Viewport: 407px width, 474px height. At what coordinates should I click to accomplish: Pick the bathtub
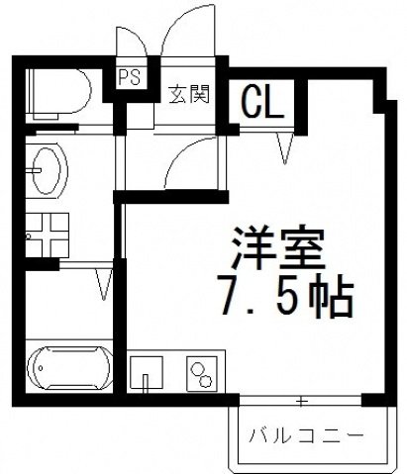pyautogui.click(x=69, y=369)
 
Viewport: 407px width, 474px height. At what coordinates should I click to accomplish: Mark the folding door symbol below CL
pyautogui.click(x=286, y=147)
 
